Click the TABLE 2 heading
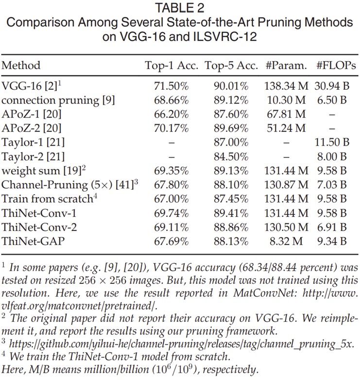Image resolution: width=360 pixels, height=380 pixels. tap(180, 8)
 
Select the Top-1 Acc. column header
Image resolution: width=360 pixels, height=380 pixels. tap(171, 66)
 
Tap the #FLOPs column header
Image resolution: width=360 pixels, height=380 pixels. tap(333, 66)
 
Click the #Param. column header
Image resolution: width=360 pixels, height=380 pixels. tap(287, 66)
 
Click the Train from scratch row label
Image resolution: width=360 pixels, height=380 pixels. tap(47, 199)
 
